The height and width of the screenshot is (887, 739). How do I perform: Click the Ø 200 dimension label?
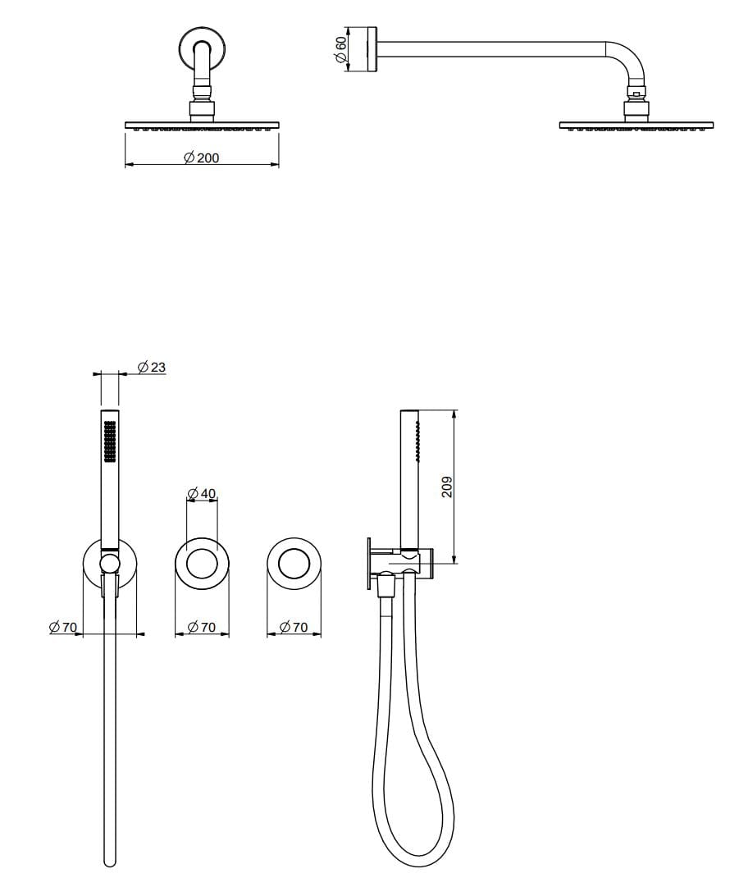tap(202, 158)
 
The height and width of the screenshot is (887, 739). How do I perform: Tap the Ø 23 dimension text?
tap(152, 367)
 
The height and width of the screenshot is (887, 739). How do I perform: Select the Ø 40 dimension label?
tap(202, 493)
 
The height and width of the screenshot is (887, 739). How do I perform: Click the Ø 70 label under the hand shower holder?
tap(63, 627)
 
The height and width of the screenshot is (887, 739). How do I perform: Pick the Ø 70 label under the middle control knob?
tap(202, 627)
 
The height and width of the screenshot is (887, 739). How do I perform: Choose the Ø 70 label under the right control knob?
tap(294, 627)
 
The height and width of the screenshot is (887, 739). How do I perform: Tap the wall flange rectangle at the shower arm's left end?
tap(372, 49)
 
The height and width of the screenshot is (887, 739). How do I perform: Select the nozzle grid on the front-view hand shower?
tap(110, 444)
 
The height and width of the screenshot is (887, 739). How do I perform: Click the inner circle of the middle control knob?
tap(202, 565)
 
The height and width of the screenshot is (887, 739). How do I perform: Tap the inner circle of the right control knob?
tap(294, 565)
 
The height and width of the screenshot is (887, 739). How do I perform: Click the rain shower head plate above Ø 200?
tap(202, 125)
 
